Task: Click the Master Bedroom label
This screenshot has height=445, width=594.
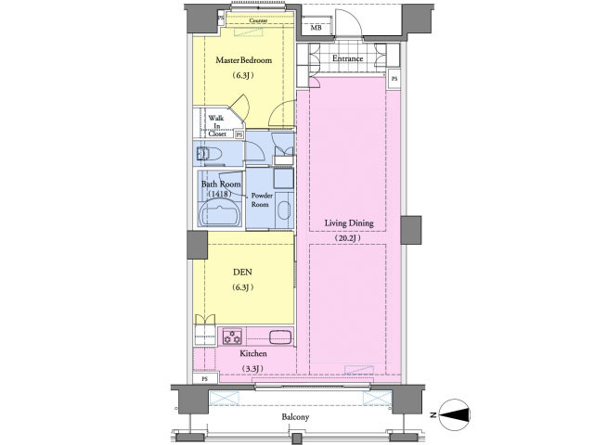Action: click(243, 60)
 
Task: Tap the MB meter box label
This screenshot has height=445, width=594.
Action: click(316, 28)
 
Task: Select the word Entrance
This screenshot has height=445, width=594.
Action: click(348, 58)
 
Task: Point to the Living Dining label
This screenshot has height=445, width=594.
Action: click(349, 222)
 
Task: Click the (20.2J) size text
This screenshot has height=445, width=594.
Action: click(347, 238)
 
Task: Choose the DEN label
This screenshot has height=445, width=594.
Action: click(242, 272)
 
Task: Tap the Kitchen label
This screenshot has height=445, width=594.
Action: click(253, 353)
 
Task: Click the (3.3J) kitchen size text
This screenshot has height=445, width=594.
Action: click(252, 369)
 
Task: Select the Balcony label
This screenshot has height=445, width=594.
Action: click(295, 417)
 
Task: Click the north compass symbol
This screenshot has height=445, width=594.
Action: click(454, 414)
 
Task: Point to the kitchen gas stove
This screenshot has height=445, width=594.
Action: click(232, 337)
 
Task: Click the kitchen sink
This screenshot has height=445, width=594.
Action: click(280, 337)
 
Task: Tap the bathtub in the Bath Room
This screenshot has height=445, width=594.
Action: click(220, 213)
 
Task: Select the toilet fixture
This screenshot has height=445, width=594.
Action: click(209, 154)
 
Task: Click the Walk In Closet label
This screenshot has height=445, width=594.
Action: click(216, 126)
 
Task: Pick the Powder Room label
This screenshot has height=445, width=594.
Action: click(261, 200)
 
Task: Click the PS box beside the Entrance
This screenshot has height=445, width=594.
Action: click(394, 79)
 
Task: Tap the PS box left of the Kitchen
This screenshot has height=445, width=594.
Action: click(204, 378)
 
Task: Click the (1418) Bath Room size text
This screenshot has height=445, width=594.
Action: click(220, 194)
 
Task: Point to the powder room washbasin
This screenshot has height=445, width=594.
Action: click(284, 210)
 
